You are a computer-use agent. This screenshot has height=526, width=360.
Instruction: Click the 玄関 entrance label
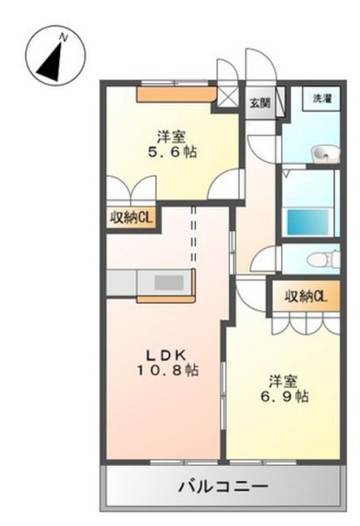[x=260, y=103]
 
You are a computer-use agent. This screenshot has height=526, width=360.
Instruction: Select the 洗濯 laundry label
[x=322, y=99]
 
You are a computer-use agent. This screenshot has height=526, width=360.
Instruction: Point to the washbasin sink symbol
[x=325, y=155]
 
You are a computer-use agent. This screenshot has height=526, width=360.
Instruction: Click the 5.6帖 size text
[x=172, y=153]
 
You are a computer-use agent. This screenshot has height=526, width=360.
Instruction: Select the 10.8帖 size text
[x=167, y=370]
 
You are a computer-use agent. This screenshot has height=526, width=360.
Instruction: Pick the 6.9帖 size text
[x=284, y=397]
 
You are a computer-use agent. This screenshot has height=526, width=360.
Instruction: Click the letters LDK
[x=166, y=354]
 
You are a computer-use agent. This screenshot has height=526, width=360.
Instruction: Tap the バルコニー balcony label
[x=224, y=487]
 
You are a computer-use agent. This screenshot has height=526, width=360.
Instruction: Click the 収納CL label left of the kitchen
[x=132, y=219]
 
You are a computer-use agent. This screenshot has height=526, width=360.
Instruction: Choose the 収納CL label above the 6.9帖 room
[x=306, y=296]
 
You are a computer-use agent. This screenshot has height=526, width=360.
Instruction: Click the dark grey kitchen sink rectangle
[x=168, y=283]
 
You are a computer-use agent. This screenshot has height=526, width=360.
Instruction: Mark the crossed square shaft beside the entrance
[x=228, y=97]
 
